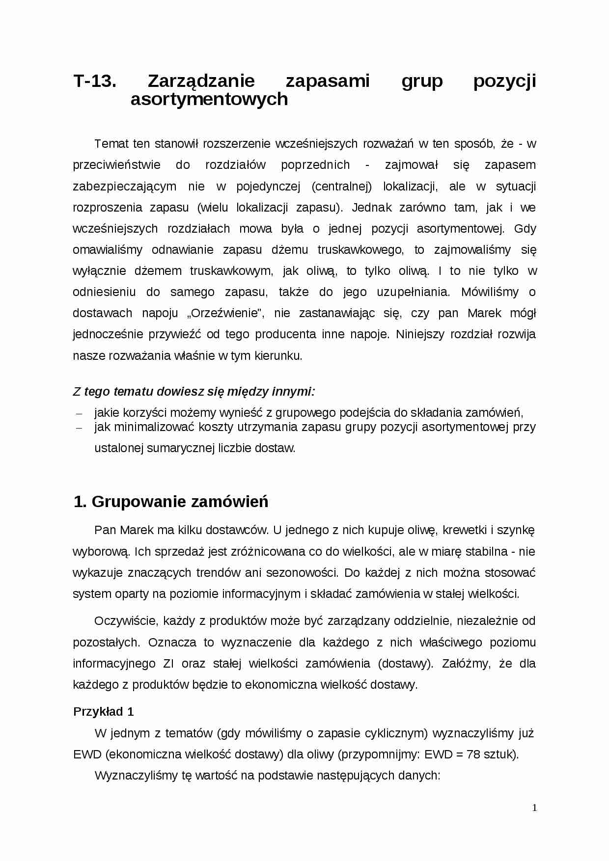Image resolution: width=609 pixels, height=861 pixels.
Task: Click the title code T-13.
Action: click(x=95, y=81)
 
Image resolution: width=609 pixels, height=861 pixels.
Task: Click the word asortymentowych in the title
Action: click(x=209, y=99)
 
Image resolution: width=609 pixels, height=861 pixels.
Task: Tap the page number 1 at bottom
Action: click(x=534, y=808)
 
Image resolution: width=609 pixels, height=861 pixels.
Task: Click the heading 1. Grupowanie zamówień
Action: click(x=171, y=502)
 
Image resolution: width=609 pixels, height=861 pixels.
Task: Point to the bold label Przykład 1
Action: click(x=104, y=712)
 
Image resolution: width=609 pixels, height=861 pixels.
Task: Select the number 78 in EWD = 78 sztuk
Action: click(x=473, y=754)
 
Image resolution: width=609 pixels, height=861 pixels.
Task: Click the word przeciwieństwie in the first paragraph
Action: click(x=116, y=165)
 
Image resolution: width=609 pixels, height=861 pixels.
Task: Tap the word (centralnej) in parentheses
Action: click(x=342, y=187)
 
